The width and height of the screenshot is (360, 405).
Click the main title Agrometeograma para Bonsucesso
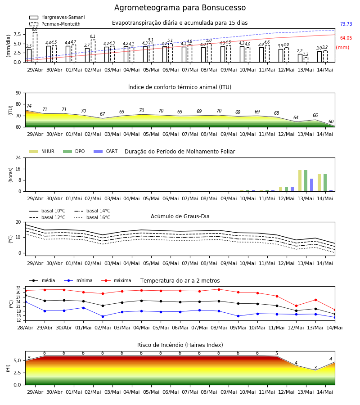[180, 8]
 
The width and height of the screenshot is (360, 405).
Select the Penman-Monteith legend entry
[55, 24]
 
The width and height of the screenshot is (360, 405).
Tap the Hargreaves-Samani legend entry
[57, 17]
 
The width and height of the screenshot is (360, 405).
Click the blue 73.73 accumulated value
[346, 24]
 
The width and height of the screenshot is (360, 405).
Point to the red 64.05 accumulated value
[346, 38]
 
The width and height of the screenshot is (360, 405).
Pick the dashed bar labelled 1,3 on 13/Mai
[306, 60]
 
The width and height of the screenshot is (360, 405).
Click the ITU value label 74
[29, 106]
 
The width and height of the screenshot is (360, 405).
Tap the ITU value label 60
[331, 121]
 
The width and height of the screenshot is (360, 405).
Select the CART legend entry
[106, 151]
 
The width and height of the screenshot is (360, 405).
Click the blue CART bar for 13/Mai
[312, 185]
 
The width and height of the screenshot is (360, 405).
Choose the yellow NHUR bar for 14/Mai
[319, 183]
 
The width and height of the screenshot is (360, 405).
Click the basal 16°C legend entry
[92, 217]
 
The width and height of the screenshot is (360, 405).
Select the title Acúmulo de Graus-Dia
[180, 216]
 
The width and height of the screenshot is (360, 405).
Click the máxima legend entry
[116, 280]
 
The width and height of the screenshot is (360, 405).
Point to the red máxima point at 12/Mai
[296, 306]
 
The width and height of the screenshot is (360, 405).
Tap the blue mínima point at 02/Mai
[103, 316]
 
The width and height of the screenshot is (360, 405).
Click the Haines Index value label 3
[315, 368]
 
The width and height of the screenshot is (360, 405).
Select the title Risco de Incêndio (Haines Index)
[180, 345]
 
